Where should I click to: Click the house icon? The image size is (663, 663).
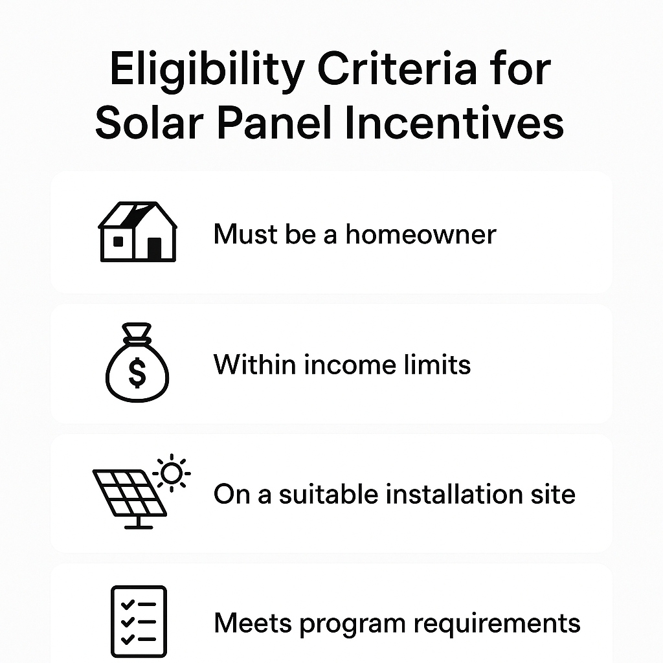point(137,232)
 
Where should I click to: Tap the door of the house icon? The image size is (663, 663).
point(154,248)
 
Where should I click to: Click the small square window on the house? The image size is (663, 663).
point(118,241)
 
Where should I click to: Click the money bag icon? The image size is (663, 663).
point(137,365)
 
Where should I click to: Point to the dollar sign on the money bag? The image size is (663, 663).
point(137,372)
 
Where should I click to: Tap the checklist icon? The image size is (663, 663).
point(139,621)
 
